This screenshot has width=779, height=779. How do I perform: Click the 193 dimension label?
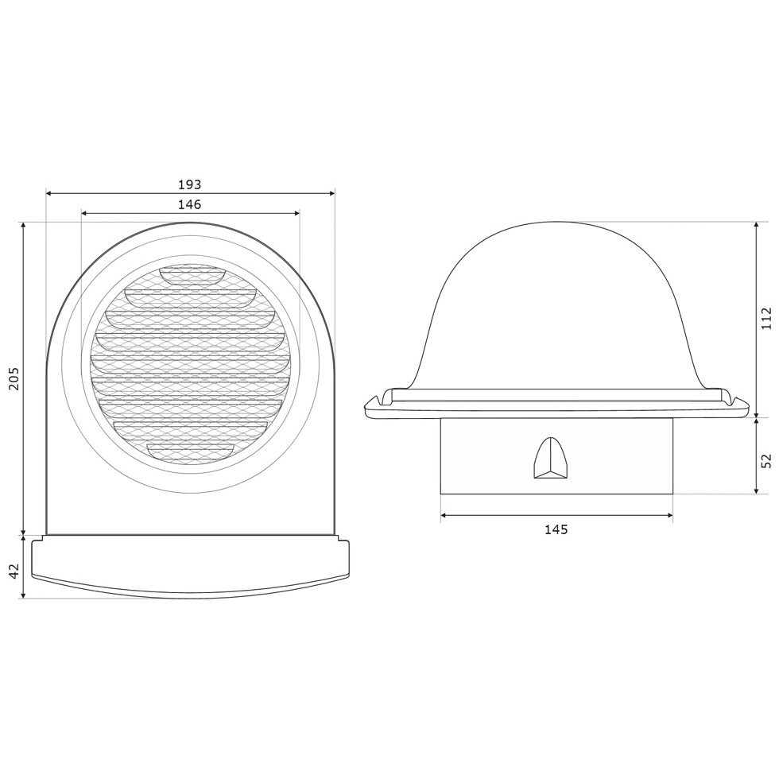coord(190,184)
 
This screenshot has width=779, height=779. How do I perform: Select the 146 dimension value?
coord(190,204)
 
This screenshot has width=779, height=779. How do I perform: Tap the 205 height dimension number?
coord(14,378)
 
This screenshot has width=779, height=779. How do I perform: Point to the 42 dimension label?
coord(14,571)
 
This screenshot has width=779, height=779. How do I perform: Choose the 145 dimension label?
coord(556,529)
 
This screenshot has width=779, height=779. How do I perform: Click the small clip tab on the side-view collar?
coord(550,459)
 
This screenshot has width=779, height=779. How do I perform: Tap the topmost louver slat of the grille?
coord(192,273)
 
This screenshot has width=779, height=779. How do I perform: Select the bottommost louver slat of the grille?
coord(190,450)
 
